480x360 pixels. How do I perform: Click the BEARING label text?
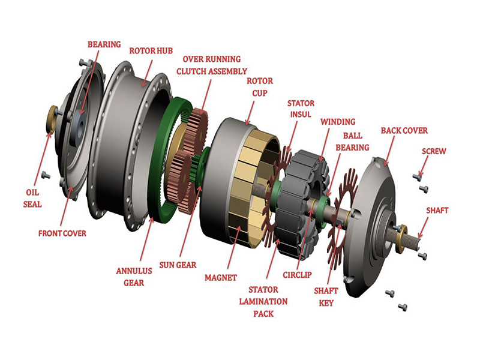coord(104,44)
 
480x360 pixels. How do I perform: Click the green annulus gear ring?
coord(157,198)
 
